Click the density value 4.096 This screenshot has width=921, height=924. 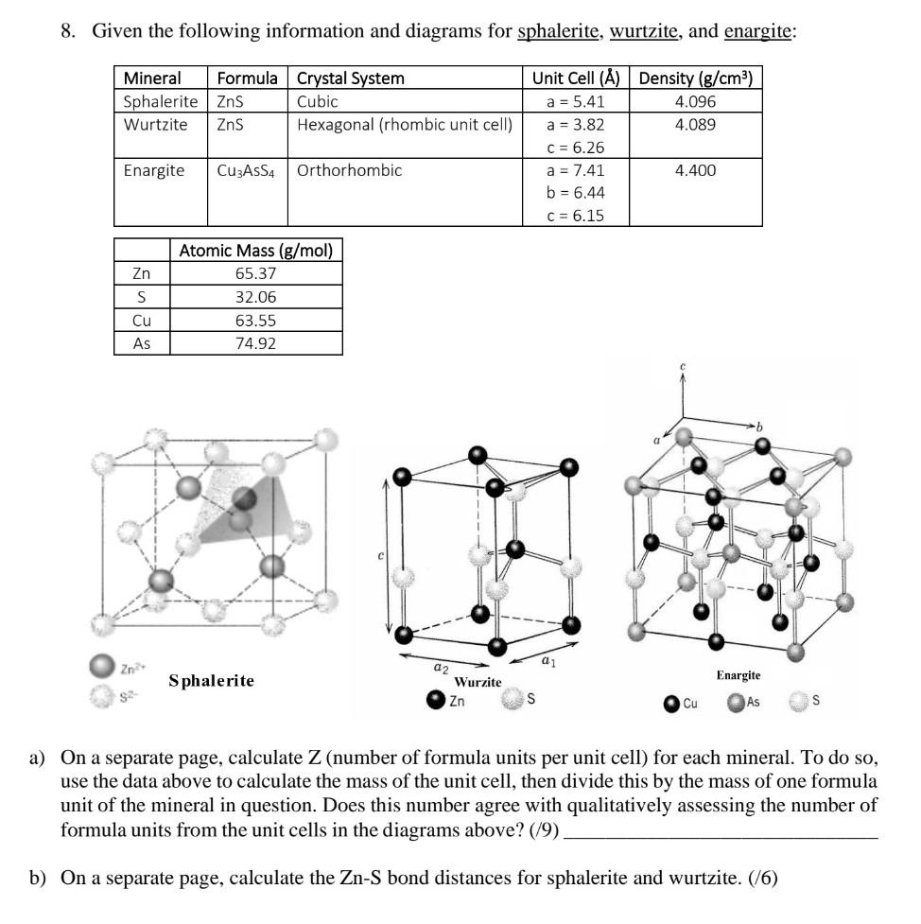(x=695, y=102)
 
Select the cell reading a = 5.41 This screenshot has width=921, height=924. (x=576, y=102)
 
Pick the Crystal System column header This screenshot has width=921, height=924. (x=350, y=78)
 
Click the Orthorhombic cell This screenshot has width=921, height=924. (x=349, y=170)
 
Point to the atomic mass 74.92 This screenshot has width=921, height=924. (x=255, y=342)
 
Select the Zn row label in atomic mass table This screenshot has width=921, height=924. (x=142, y=274)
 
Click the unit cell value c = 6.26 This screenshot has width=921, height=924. (x=576, y=148)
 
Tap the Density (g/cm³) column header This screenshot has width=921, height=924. (x=695, y=78)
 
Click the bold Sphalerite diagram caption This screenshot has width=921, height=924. (x=212, y=680)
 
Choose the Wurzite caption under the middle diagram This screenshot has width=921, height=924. (x=478, y=681)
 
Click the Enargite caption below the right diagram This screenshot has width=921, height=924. (x=739, y=675)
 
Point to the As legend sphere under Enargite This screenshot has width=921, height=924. (x=735, y=703)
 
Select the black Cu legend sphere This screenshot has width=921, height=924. (x=670, y=703)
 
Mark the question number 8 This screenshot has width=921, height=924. (x=66, y=32)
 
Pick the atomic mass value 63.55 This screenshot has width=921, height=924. (x=255, y=320)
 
